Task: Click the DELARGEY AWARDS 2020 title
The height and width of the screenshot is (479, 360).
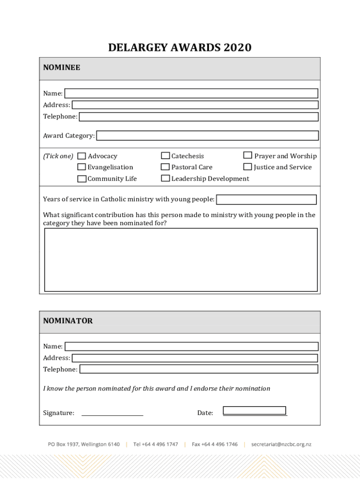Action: [180, 48]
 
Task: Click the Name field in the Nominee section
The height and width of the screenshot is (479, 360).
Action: [191, 94]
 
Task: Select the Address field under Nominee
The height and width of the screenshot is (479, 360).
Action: [194, 105]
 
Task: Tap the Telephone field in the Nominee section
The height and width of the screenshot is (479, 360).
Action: [199, 116]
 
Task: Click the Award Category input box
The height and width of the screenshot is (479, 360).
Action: [207, 136]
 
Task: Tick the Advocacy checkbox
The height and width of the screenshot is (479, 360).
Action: [82, 156]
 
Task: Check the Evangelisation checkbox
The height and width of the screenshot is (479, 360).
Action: [82, 167]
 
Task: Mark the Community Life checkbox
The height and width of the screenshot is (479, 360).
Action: [82, 178]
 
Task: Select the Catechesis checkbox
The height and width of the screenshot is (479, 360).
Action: [166, 156]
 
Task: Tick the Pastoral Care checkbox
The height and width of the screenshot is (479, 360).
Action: [166, 167]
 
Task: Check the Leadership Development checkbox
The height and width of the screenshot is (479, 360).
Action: [166, 178]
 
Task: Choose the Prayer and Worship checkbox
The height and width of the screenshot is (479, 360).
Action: [248, 155]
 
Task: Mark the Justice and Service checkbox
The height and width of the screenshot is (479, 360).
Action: [248, 167]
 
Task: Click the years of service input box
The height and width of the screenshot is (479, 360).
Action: [266, 200]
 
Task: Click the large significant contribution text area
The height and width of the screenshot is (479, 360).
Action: [180, 260]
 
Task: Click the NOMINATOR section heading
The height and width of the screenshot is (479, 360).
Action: [68, 321]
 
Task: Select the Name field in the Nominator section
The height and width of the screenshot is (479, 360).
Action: [191, 347]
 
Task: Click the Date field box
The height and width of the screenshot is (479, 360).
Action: [254, 411]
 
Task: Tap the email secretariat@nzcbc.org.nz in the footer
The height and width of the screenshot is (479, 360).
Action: [281, 444]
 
